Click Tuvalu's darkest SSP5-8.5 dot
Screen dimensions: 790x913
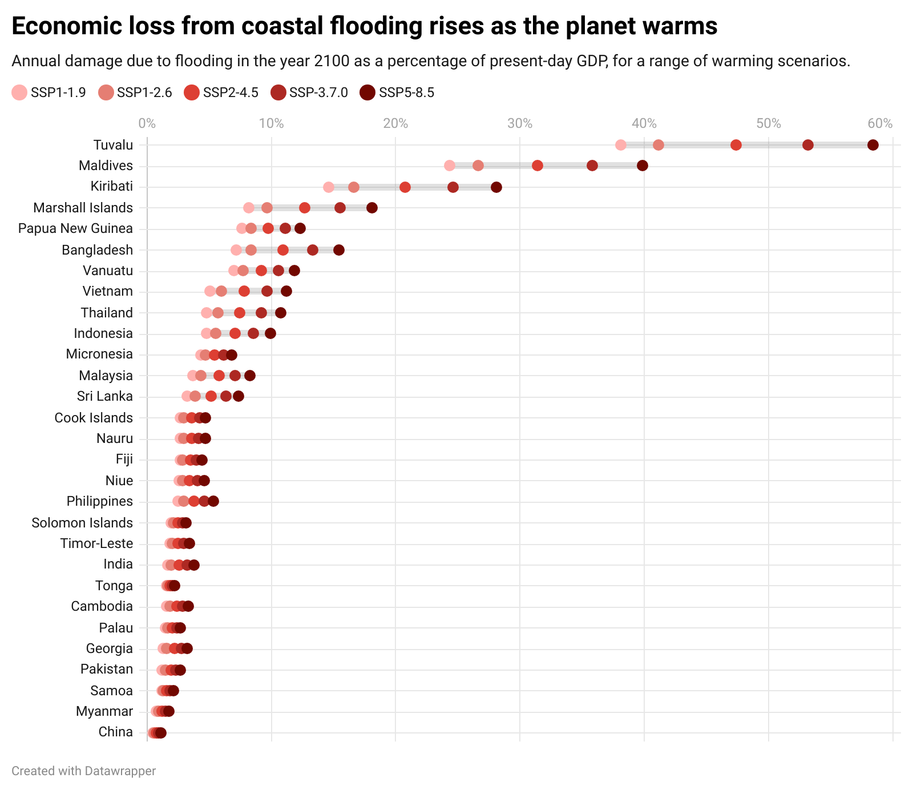pyautogui.click(x=872, y=145)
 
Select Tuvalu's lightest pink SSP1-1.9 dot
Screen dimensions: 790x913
pyautogui.click(x=621, y=145)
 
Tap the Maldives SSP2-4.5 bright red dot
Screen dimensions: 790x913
pyautogui.click(x=537, y=166)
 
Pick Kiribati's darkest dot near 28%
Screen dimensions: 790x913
pyautogui.click(x=496, y=187)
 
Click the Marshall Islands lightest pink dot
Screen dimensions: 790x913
pyautogui.click(x=249, y=208)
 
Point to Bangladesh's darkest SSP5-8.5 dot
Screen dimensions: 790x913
pyautogui.click(x=338, y=250)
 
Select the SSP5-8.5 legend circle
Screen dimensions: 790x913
pyautogui.click(x=368, y=92)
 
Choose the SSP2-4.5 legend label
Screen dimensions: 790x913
pyautogui.click(x=231, y=92)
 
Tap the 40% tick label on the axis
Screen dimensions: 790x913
pyautogui.click(x=644, y=123)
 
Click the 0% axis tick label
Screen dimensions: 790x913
pyautogui.click(x=147, y=123)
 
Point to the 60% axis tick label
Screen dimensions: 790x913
pyautogui.click(x=880, y=123)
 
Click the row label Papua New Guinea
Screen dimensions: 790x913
pyautogui.click(x=75, y=229)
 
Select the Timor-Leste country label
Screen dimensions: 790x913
pyautogui.click(x=96, y=543)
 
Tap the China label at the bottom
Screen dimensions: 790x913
pyautogui.click(x=115, y=732)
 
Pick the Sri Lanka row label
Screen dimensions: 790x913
pyautogui.click(x=104, y=396)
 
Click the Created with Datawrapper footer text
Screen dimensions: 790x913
pyautogui.click(x=83, y=771)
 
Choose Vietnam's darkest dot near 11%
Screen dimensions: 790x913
pyautogui.click(x=286, y=292)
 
